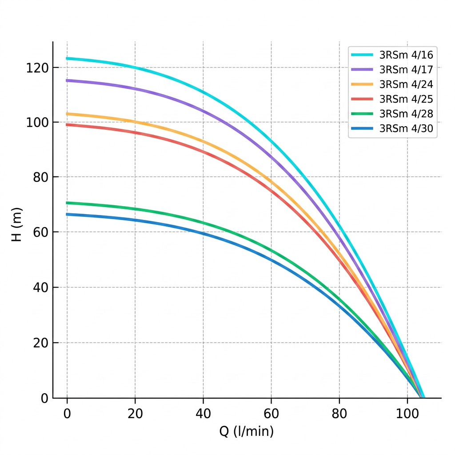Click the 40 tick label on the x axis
coord(203,413)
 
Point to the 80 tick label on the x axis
coord(339,413)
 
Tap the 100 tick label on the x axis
coord(407,413)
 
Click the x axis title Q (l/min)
coord(247,431)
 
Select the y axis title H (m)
coord(16,225)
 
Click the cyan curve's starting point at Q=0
coord(67,58)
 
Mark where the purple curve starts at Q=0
coord(67,80)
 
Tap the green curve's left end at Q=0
coord(67,203)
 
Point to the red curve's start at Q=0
coord(67,124)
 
